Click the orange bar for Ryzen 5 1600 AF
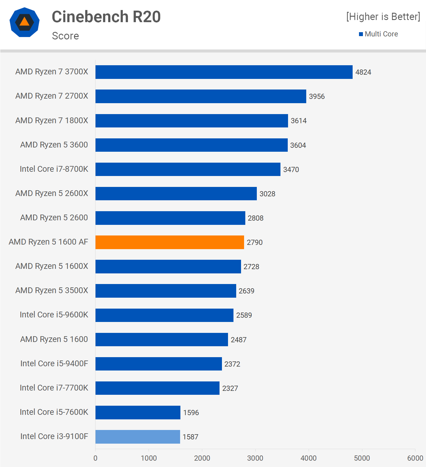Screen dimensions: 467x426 (x=169, y=242)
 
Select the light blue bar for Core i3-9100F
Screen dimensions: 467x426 (x=138, y=437)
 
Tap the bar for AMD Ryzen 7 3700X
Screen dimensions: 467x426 (x=224, y=72)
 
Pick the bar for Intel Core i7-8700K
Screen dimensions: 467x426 (x=188, y=169)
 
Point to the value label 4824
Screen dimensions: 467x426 (x=363, y=72)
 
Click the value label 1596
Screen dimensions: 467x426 (x=191, y=413)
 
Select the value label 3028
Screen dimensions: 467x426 (x=267, y=194)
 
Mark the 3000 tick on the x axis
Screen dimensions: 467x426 (x=255, y=458)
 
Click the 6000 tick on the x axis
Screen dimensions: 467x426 (x=415, y=458)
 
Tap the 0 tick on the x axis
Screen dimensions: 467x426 (x=96, y=458)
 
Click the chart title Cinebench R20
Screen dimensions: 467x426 (x=106, y=17)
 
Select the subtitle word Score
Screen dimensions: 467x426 (x=65, y=36)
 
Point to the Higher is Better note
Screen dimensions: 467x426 (x=383, y=17)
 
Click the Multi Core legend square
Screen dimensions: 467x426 (x=361, y=34)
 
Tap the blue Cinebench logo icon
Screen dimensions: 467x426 (x=25, y=22)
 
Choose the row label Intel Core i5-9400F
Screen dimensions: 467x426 (x=54, y=364)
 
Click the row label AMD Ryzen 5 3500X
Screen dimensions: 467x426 (x=52, y=290)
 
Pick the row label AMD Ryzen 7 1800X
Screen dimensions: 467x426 (x=52, y=120)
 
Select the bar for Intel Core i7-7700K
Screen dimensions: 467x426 (x=157, y=388)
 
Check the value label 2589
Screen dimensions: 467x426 (x=244, y=315)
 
